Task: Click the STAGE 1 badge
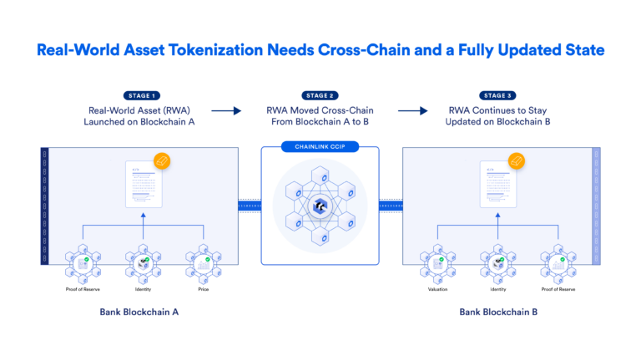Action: [x=142, y=96]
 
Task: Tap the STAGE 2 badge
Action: [x=320, y=96]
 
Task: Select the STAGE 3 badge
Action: [x=497, y=96]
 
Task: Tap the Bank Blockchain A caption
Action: [x=143, y=312]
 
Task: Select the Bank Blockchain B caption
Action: [x=498, y=312]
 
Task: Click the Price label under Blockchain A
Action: [x=202, y=289]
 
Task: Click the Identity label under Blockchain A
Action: [x=143, y=289]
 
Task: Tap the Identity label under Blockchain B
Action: [x=498, y=289]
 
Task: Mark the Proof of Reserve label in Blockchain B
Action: [x=558, y=289]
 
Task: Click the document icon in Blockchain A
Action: [x=144, y=185]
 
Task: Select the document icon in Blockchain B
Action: [x=498, y=185]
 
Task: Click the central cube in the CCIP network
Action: [x=320, y=206]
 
